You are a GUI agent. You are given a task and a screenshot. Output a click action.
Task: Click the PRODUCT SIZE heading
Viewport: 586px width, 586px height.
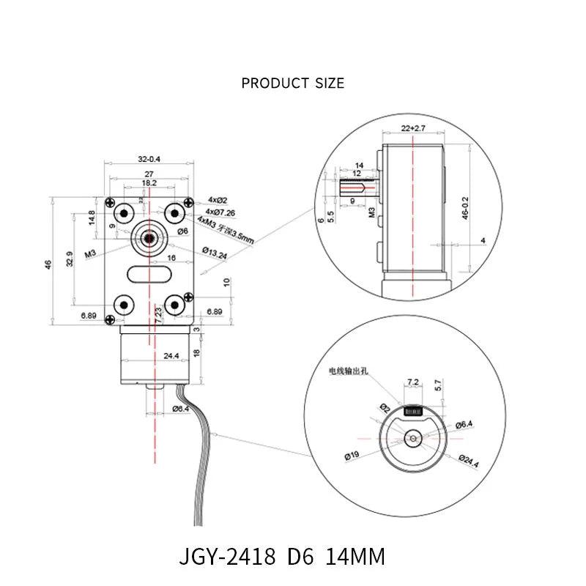[292, 83]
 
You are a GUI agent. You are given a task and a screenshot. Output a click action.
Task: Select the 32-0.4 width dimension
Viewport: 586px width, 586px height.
[149, 157]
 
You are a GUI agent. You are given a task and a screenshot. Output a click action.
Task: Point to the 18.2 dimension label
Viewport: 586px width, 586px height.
[149, 182]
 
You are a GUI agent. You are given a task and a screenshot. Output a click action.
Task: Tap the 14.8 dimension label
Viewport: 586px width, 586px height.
[91, 218]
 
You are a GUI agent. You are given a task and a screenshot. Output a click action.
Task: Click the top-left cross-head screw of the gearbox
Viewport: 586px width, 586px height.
[110, 203]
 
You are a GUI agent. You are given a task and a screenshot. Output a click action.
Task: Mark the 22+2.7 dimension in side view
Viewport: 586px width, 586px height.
[413, 129]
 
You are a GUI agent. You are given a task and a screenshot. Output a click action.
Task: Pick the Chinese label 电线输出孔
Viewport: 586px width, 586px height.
[352, 371]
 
